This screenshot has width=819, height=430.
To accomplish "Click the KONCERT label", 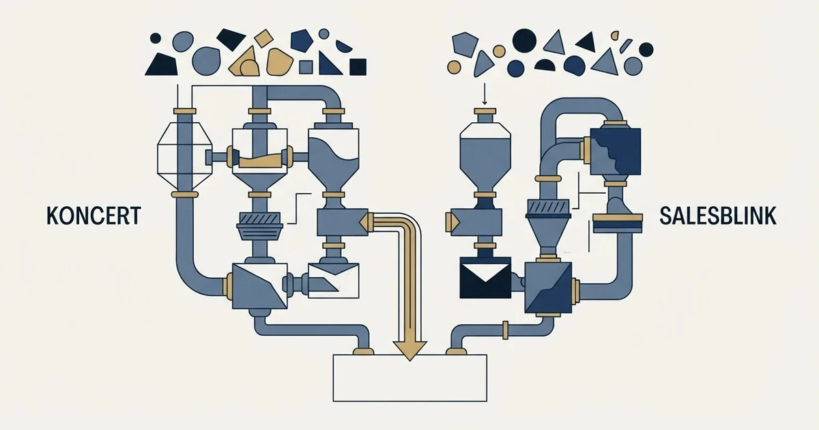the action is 94,216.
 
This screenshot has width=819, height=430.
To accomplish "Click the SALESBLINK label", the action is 718,216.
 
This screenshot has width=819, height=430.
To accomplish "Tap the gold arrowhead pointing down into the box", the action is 410,351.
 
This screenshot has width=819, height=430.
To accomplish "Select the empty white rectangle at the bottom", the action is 410,378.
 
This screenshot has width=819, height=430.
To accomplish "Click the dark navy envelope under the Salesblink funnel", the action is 485,278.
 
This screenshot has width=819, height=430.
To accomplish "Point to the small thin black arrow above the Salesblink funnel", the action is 485,94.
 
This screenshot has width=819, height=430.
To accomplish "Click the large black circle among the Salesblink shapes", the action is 524,40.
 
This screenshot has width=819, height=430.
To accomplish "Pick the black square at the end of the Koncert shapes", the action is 358,67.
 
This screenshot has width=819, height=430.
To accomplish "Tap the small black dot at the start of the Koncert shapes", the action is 156,38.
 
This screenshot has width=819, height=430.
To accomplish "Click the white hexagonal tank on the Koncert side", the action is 185,155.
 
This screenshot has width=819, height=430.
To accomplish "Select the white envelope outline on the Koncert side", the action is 334,281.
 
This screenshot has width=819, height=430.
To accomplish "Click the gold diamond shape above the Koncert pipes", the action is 263,38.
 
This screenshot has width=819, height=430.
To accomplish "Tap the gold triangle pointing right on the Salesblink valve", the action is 452,222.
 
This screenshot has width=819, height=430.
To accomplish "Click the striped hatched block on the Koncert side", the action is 259,219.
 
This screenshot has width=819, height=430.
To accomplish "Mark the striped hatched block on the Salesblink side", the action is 547,207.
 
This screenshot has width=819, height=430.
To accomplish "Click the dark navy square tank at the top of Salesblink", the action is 616,151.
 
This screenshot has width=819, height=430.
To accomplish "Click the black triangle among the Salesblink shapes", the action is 586,42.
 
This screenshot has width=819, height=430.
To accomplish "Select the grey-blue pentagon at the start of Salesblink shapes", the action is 465,44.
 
